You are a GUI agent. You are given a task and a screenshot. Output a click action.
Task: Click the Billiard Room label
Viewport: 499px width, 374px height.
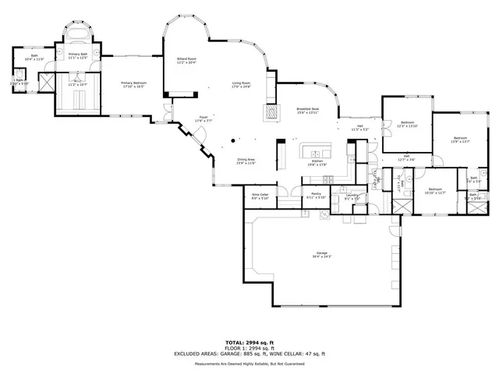coord(186,60)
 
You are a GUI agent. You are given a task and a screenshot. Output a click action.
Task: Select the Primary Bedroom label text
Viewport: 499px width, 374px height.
coord(133,84)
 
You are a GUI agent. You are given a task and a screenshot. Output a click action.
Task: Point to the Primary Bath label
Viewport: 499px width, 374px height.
coord(78,55)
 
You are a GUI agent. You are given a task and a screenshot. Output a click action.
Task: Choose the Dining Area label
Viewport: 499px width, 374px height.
coord(246,161)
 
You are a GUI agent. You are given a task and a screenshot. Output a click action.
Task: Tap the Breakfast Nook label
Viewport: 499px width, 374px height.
coord(309,111)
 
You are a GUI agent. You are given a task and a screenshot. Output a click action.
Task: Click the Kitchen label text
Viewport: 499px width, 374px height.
coord(317,163)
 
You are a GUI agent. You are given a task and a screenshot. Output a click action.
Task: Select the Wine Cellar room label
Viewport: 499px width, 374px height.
coord(260,196)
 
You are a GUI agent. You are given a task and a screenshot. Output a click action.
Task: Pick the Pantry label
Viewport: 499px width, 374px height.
coord(317,196)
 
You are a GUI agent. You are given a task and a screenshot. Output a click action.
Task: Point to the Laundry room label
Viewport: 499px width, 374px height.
coord(351,197)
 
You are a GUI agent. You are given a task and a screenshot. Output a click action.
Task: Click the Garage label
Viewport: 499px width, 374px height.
coord(322,255)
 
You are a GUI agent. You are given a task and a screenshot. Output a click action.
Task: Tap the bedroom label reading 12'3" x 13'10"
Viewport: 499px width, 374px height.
coord(408,124)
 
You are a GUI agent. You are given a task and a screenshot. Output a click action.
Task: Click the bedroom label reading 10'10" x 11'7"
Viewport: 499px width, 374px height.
coord(435,192)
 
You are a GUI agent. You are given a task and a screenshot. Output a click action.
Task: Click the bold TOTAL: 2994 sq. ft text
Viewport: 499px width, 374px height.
coord(249,342)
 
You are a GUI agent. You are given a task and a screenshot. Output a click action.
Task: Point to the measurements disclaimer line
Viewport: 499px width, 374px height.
coord(249,363)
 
